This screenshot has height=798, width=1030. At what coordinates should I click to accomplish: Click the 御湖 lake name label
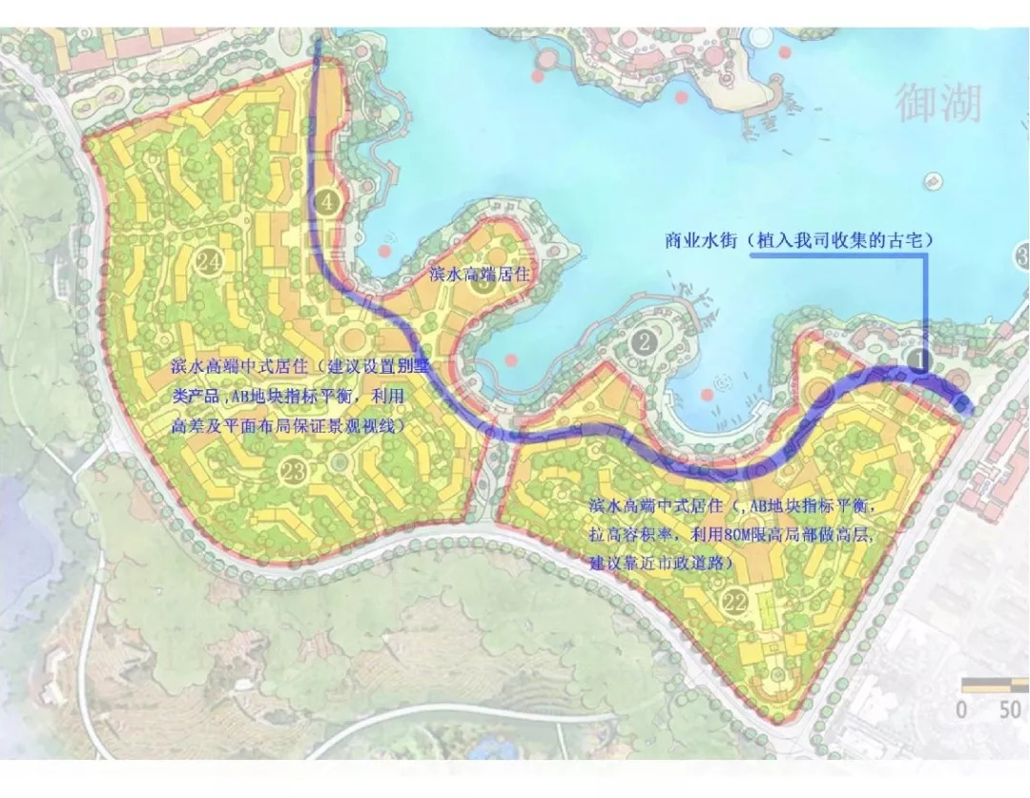tap(937, 103)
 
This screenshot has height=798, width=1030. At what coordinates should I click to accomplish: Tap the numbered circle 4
tap(327, 201)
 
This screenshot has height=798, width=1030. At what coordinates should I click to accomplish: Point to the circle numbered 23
tap(294, 470)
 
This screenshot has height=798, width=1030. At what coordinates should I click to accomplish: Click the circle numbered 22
tap(735, 602)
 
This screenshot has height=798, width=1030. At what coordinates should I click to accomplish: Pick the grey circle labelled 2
tap(646, 341)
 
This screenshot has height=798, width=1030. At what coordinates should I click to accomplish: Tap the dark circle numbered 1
tap(917, 359)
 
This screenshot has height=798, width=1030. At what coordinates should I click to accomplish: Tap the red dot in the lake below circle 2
tap(707, 395)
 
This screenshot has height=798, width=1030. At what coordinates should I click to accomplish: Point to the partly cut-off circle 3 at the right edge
tap(1022, 256)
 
